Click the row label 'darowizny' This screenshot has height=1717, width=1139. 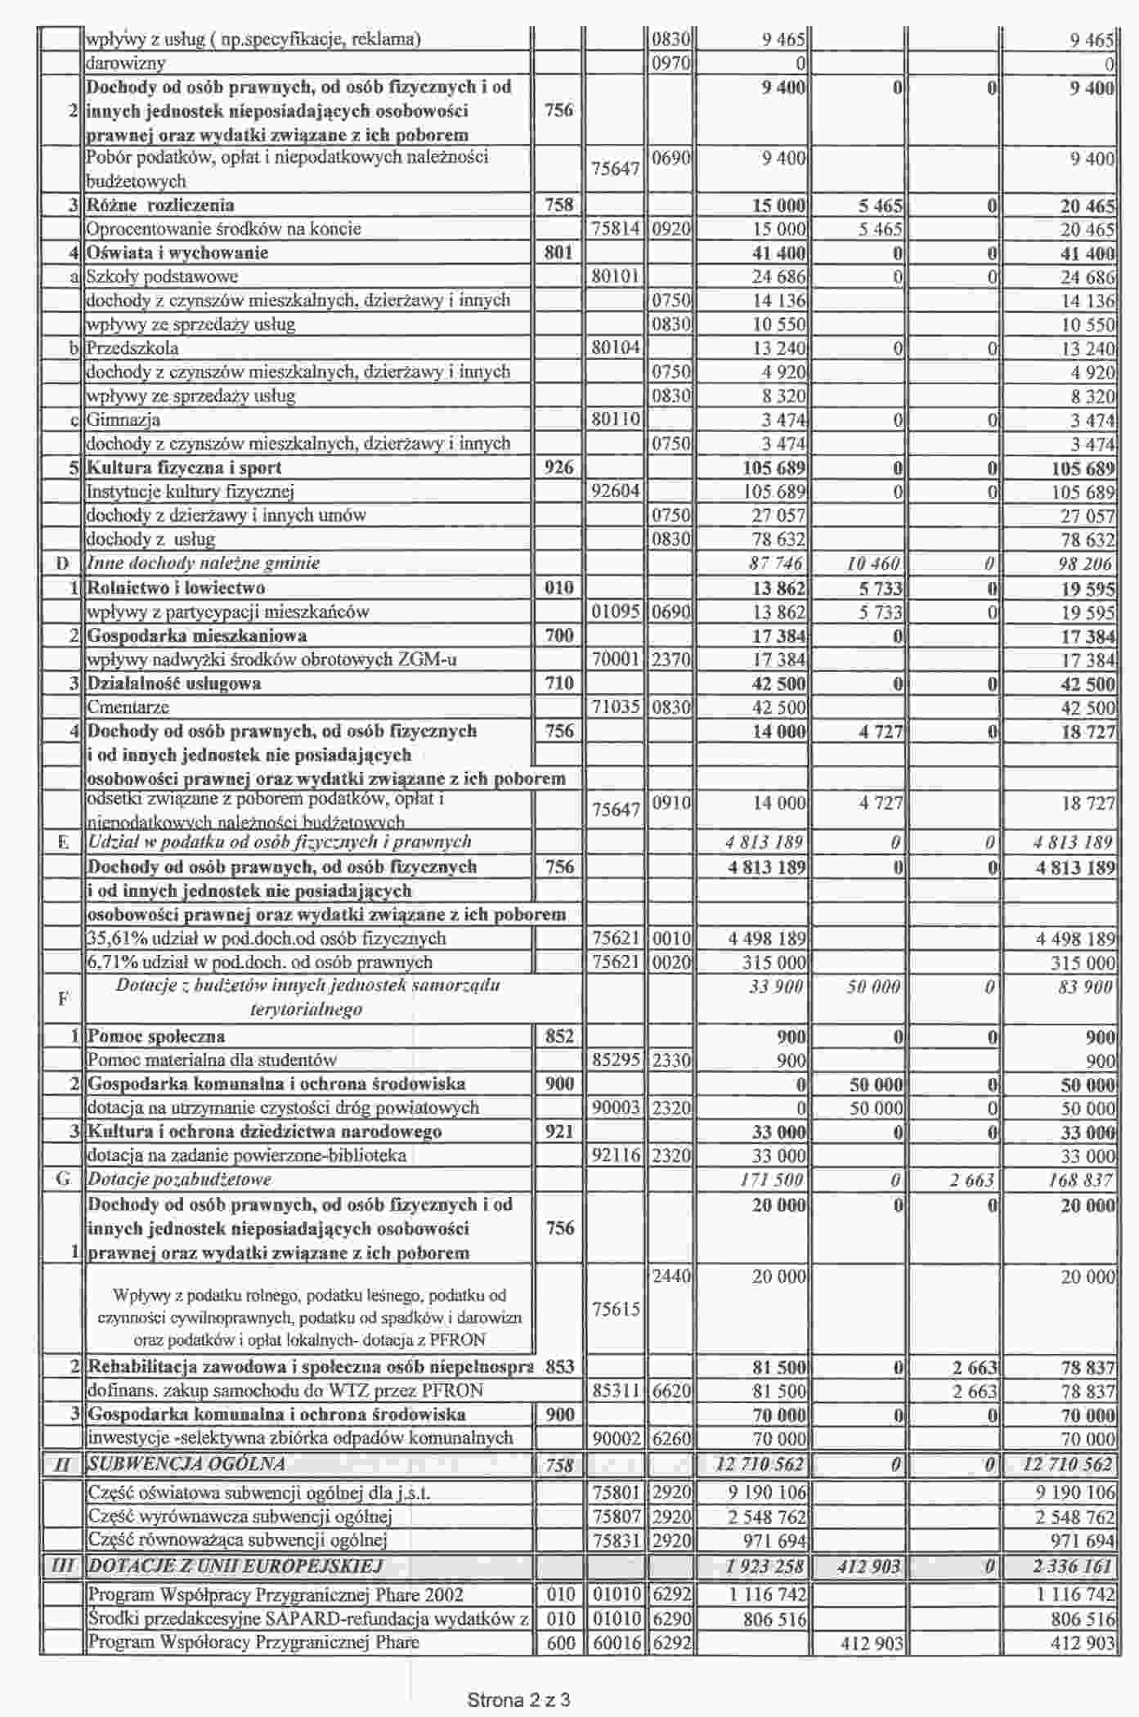point(126,63)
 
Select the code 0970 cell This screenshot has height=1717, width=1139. point(671,63)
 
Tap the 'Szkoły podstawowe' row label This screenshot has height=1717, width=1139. point(162,276)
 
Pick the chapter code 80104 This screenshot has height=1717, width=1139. point(615,348)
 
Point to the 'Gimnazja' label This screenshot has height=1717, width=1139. point(123,420)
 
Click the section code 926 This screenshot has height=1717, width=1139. point(558,468)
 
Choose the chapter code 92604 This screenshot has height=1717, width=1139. point(615,491)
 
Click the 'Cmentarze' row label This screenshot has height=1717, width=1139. point(128,707)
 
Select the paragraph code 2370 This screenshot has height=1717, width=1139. point(671,659)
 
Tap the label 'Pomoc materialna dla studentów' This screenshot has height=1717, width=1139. point(212,1060)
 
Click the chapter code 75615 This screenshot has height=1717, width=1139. point(615,1309)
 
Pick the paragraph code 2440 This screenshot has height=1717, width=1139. point(671,1276)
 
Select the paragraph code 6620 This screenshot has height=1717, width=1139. point(671,1390)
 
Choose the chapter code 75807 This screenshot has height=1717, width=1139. point(615,1517)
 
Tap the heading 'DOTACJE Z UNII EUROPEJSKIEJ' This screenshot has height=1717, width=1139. point(235,1567)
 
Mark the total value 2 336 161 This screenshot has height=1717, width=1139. point(1074,1567)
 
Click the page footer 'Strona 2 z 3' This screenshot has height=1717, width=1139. point(518,1700)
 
